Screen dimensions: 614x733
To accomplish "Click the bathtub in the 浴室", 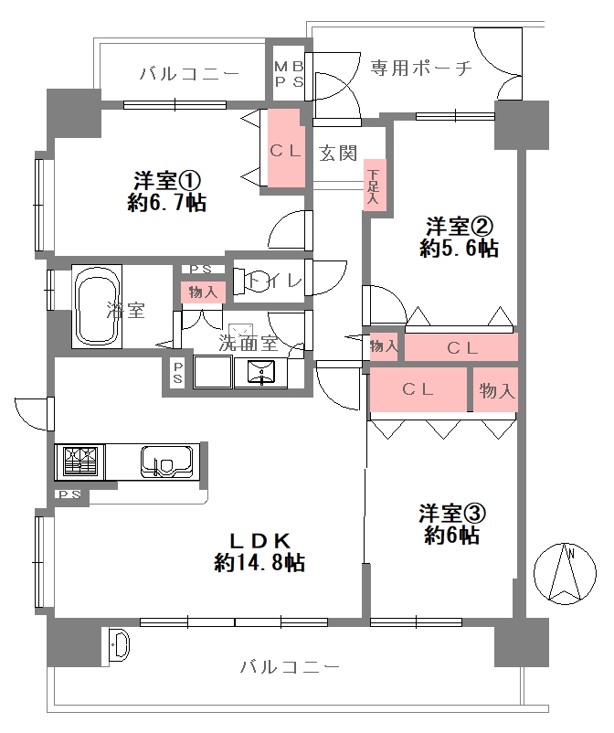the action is (x=97, y=307).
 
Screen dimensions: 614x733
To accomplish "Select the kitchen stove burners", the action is (x=80, y=462).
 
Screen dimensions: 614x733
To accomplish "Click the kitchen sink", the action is (x=166, y=462).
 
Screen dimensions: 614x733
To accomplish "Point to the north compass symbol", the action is (x=565, y=573).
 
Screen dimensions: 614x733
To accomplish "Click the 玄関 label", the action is (x=338, y=154).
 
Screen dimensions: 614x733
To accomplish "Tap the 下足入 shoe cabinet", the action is (x=375, y=189).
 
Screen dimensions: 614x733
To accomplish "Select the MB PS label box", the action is (x=289, y=73).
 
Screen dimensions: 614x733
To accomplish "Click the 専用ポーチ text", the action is (x=421, y=69).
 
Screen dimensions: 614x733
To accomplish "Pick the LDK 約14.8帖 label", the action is (x=259, y=553).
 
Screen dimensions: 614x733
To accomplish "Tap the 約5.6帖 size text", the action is (x=459, y=249).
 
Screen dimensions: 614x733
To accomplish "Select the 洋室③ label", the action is (x=452, y=514).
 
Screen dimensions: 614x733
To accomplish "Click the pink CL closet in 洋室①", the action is (x=285, y=148).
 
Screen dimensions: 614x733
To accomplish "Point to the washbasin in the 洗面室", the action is (x=261, y=373).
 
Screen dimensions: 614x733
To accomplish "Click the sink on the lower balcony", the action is (x=119, y=644).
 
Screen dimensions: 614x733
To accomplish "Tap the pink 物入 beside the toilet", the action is (x=203, y=292).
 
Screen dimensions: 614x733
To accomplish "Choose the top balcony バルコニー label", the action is (x=190, y=74).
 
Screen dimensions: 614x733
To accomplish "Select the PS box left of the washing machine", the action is (x=177, y=372).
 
